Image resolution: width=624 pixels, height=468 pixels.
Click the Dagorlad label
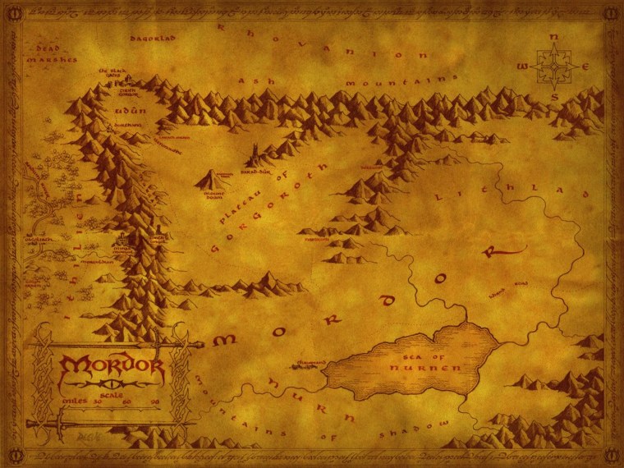[x=147, y=38]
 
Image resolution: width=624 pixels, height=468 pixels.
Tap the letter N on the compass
[x=554, y=38]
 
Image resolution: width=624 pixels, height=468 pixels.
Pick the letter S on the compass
[x=554, y=96]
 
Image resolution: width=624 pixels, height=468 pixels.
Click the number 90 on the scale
[x=154, y=401]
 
